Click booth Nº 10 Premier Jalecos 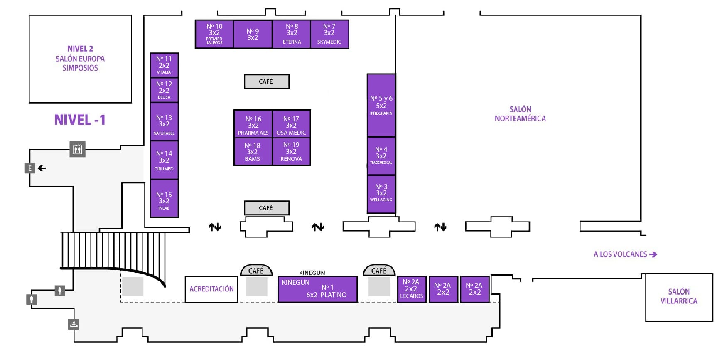[x=214, y=34]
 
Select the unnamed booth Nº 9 [x=253, y=34]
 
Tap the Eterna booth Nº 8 [x=292, y=34]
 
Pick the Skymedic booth [x=329, y=34]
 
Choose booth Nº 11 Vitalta [x=164, y=65]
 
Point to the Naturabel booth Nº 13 [x=164, y=124]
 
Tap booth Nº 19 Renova [x=291, y=151]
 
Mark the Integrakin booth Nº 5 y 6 [x=381, y=105]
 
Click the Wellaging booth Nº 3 [x=381, y=193]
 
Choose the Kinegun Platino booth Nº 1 [x=317, y=289]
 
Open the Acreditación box [x=211, y=289]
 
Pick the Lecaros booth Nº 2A [x=411, y=289]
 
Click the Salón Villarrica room [x=679, y=297]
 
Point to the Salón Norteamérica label [x=520, y=114]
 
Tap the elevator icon [x=77, y=149]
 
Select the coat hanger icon [x=74, y=324]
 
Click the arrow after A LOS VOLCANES [x=653, y=254]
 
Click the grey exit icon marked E [x=29, y=168]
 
